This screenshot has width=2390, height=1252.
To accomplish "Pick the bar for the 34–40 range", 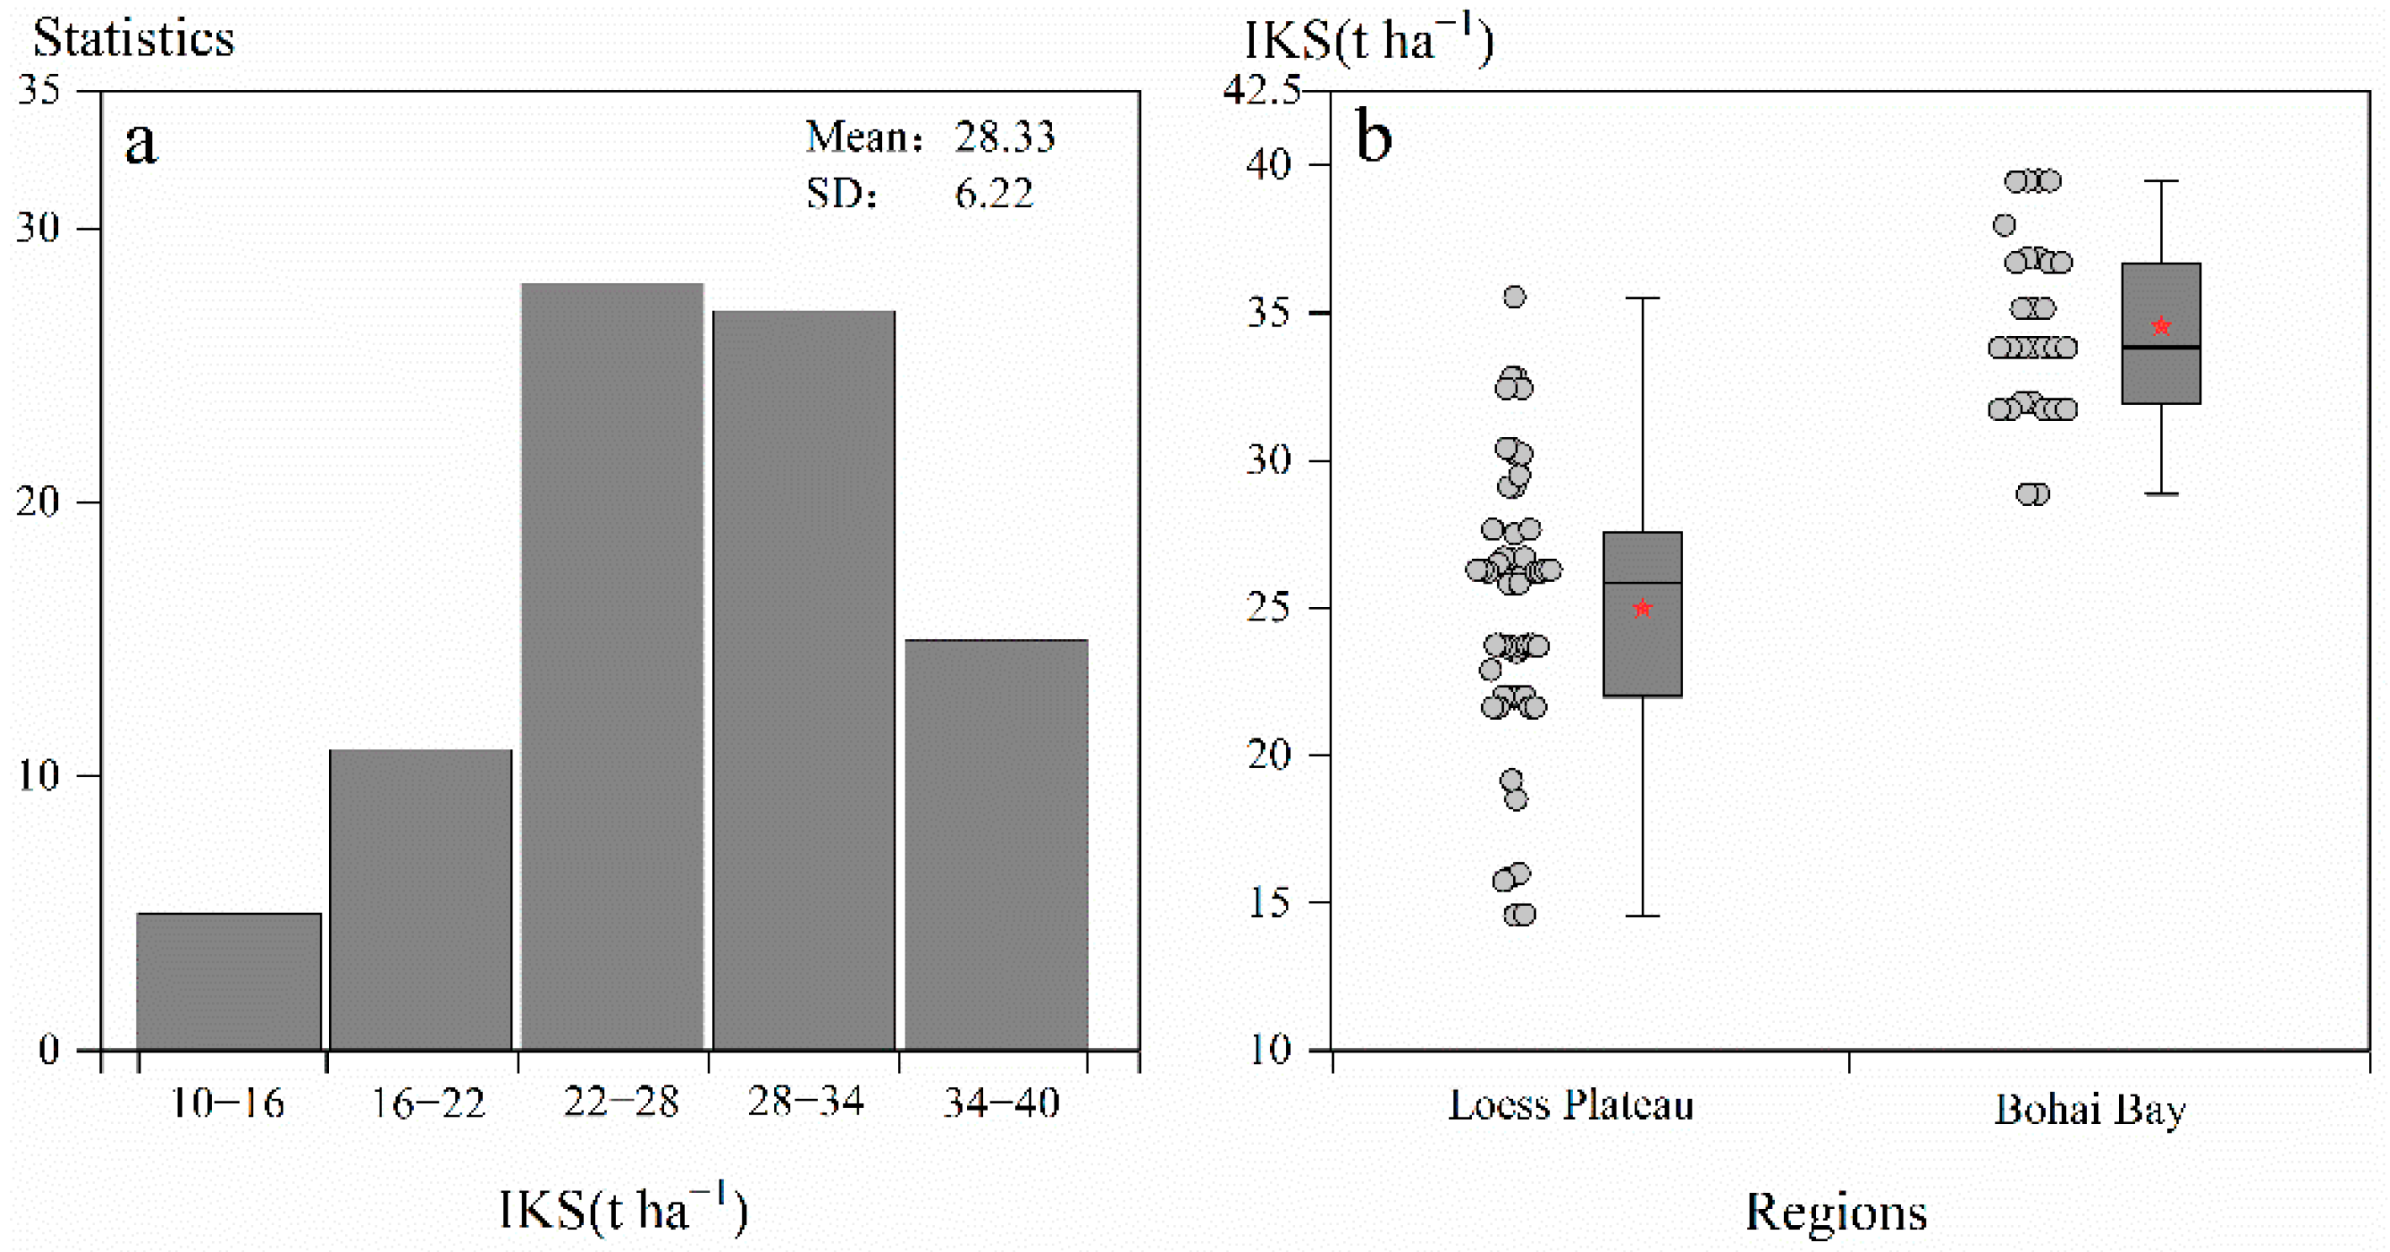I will (x=996, y=844).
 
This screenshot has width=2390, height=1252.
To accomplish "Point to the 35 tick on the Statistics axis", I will (x=39, y=90).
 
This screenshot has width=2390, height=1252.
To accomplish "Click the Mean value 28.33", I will (x=1005, y=137).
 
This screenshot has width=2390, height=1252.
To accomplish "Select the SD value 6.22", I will (x=993, y=194).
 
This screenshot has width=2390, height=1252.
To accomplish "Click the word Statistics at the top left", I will (x=134, y=39).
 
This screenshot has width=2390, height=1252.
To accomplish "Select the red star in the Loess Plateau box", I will (x=1642, y=609).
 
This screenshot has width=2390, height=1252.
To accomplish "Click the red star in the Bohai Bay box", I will (x=2161, y=327).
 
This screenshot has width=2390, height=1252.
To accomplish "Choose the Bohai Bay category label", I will (x=2090, y=1109).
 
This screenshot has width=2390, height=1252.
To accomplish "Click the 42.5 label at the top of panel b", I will (x=1261, y=91).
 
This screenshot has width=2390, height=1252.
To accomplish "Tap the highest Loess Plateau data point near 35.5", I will (x=1514, y=297).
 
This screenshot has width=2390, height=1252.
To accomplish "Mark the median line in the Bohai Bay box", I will (x=2161, y=347).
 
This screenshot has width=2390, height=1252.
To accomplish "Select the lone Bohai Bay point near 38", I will (x=2004, y=225).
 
